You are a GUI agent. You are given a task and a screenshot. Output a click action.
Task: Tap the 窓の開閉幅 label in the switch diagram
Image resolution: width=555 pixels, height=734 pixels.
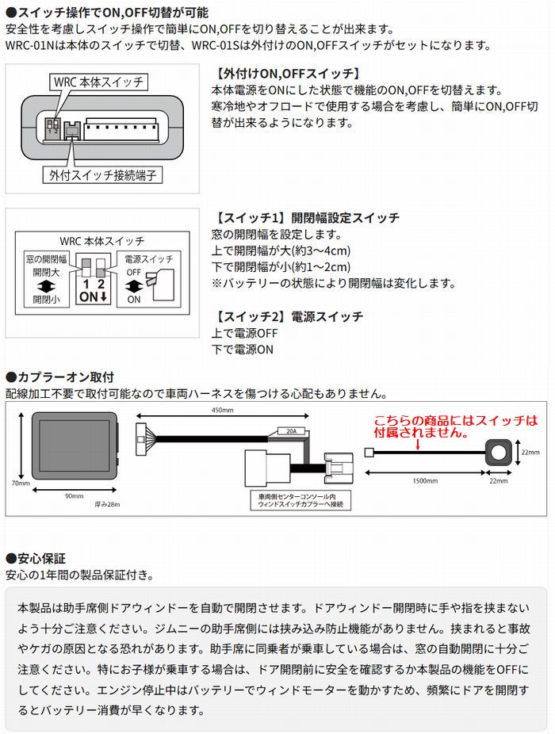click(45, 258)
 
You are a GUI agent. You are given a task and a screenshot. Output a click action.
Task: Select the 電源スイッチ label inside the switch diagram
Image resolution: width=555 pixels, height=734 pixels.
click(149, 258)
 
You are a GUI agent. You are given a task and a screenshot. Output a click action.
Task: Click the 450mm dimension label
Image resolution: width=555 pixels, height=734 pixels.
click(222, 411)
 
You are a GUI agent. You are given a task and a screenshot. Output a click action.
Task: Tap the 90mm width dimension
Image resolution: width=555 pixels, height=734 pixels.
click(73, 495)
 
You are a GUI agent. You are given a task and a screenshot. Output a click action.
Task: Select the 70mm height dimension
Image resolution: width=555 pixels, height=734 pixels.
click(21, 482)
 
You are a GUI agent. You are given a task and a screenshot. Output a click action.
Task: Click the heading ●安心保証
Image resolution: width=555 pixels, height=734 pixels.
click(36, 558)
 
